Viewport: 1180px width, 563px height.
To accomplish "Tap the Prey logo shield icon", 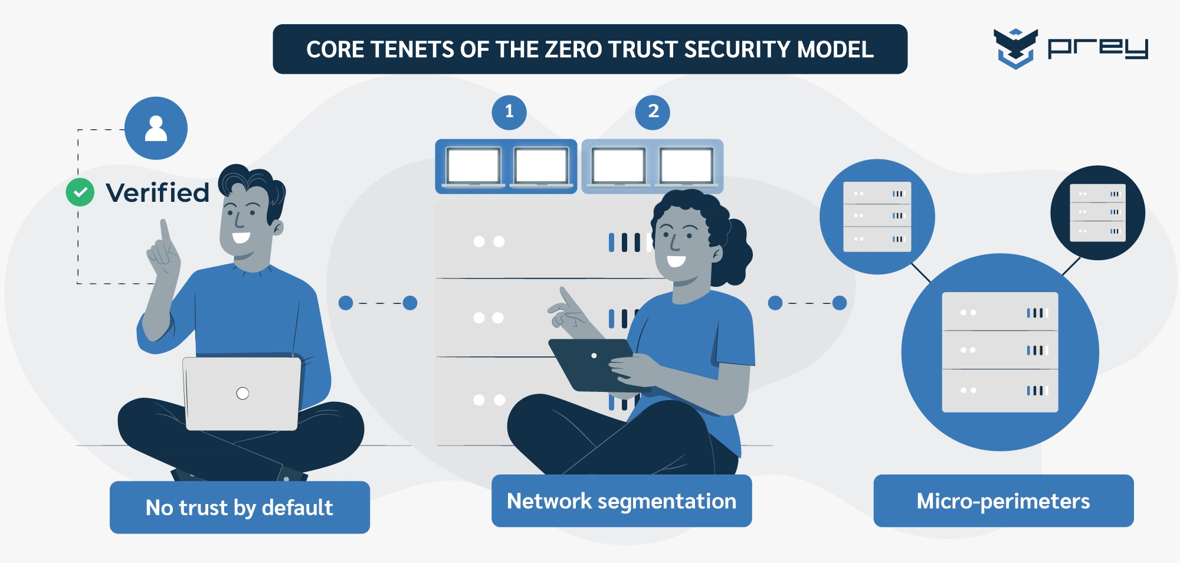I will point(1015,48).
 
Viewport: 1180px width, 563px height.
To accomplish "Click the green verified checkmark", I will point(80,192).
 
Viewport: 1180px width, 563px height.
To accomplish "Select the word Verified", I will point(158,193).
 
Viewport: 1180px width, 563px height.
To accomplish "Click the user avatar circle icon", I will point(156,128).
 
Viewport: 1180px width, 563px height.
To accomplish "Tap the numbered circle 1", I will point(509,112).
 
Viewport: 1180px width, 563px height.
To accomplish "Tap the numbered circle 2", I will point(653,112).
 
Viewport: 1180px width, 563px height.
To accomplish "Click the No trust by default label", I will point(240,508).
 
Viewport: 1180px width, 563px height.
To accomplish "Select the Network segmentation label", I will point(621,501).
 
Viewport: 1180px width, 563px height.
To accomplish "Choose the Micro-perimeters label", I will point(1003,501).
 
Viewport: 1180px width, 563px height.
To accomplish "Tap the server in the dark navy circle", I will point(1097,212).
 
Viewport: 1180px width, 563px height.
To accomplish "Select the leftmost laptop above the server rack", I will point(473,166).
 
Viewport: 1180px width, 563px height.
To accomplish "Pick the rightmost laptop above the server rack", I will point(686,166).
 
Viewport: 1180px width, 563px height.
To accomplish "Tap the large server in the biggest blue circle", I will point(1000,352).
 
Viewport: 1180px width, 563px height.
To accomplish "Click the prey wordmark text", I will point(1097,48).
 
